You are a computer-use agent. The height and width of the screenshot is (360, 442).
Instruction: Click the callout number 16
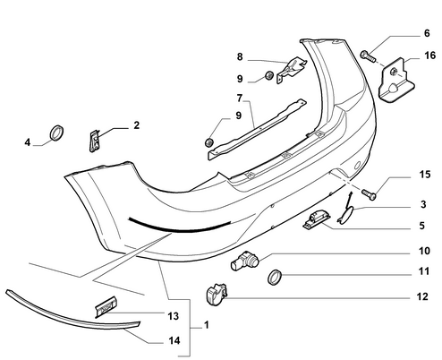[429, 56]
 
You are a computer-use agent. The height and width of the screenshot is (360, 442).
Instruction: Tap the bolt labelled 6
[368, 56]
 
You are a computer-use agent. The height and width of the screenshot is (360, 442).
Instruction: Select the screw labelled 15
[370, 194]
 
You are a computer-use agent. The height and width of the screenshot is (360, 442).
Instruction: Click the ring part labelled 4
[56, 133]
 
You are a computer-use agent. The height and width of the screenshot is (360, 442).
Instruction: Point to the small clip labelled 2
[95, 141]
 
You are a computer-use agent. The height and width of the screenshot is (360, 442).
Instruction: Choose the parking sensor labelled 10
[245, 260]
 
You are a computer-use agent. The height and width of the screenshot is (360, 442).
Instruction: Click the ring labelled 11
[275, 277]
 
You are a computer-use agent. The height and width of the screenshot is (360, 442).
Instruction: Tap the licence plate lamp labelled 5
[317, 219]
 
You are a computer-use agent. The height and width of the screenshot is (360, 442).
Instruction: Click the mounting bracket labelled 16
[395, 80]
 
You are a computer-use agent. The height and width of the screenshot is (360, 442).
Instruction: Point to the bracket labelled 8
[292, 70]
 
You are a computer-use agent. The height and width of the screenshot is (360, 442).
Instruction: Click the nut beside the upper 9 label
[269, 75]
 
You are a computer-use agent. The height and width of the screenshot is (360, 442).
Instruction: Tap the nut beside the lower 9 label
[209, 142]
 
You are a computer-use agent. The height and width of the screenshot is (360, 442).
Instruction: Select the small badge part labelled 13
[106, 306]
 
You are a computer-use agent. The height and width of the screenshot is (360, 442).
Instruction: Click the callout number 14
[174, 340]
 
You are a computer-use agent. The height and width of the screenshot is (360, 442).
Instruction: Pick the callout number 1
[207, 325]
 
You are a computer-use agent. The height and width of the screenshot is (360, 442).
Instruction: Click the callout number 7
[240, 98]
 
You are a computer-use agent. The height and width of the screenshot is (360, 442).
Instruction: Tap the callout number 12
[422, 296]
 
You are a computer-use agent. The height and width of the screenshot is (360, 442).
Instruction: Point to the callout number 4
[28, 142]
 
